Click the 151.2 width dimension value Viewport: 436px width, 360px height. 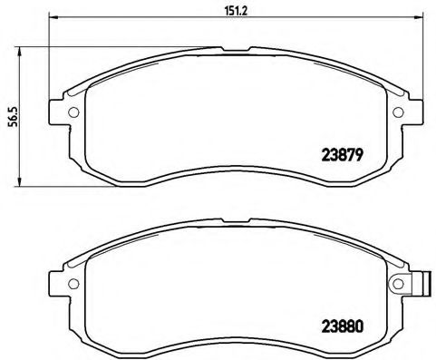click(x=218, y=10)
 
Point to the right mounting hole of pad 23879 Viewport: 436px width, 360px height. click(x=398, y=112)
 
